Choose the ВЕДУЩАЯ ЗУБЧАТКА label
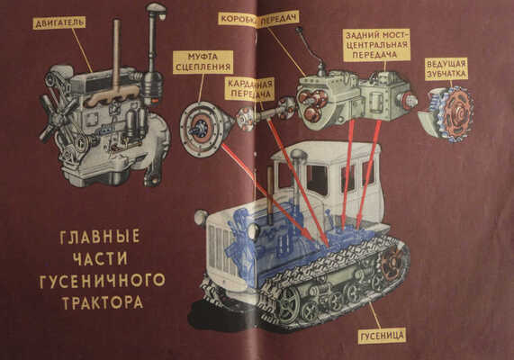(446, 69)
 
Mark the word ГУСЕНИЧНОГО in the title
(100, 280)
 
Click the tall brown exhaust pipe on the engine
(116, 54)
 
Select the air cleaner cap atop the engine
(156, 13)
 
